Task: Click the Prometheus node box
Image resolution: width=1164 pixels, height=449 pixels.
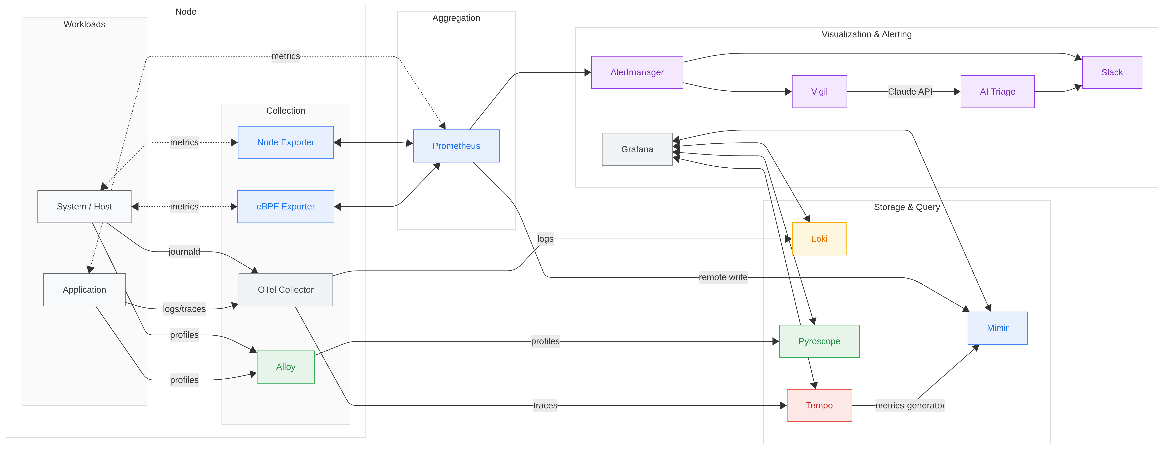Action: tap(456, 146)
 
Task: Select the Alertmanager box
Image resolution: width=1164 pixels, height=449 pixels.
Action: tap(637, 72)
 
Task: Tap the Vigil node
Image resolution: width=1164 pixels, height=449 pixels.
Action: tap(819, 92)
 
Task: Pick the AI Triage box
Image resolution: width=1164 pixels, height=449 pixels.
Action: tap(997, 92)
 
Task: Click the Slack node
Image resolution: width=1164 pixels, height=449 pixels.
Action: tap(1112, 72)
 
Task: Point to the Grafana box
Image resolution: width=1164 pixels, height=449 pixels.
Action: tap(637, 149)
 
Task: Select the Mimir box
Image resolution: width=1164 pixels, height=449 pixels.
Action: tap(997, 328)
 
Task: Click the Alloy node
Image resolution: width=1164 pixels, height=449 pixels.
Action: tap(286, 367)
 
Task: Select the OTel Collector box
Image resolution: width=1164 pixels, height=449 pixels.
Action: tap(286, 290)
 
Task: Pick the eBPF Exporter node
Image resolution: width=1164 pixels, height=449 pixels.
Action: tap(286, 206)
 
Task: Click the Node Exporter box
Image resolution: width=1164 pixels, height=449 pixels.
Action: tap(286, 142)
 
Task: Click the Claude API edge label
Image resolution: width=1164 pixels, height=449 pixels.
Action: tap(910, 92)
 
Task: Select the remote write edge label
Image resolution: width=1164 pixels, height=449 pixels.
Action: tap(722, 277)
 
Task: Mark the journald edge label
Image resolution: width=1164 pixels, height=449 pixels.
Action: tap(184, 252)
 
